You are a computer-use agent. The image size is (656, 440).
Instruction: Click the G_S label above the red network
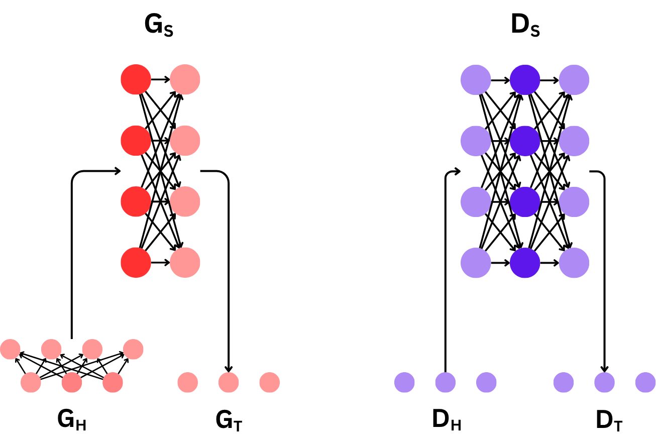159,27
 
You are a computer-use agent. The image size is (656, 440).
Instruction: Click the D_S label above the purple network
525,27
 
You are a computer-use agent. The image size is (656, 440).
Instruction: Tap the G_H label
71,421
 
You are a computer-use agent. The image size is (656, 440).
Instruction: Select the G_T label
229,421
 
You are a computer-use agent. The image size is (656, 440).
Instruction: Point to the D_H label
446,421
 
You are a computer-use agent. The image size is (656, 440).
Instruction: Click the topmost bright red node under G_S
136,79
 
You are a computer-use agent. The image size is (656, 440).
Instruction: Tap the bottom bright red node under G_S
136,263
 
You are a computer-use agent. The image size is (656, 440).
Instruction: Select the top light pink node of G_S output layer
185,79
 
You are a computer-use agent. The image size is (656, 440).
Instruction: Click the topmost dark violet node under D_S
525,79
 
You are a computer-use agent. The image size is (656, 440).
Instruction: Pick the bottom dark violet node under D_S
525,263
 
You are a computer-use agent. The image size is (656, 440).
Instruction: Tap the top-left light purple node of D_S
476,79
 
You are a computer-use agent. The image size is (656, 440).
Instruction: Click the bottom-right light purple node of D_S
574,263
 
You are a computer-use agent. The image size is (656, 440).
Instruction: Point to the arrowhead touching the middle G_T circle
229,368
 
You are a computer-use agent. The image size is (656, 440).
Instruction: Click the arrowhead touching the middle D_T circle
605,368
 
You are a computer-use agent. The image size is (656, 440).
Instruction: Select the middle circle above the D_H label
446,382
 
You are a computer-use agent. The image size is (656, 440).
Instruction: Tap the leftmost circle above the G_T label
188,382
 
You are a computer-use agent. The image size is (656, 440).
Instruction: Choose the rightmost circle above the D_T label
645,382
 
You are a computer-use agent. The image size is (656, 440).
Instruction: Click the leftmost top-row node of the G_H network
10,349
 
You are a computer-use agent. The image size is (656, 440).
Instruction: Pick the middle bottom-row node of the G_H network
72,383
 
